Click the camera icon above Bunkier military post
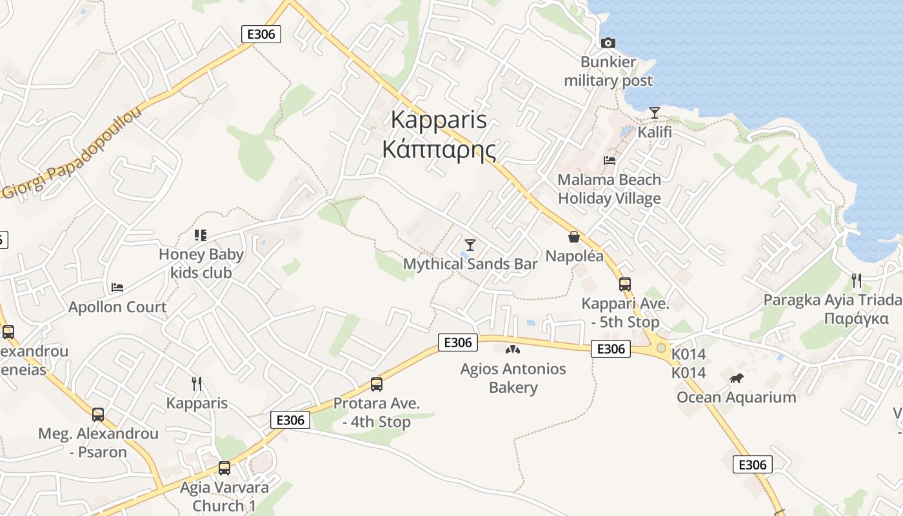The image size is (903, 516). [x=608, y=43]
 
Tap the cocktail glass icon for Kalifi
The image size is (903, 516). [x=655, y=113]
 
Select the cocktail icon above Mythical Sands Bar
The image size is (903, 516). [x=470, y=244]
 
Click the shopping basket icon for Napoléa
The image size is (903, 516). [x=574, y=237]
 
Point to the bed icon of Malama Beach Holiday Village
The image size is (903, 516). [x=610, y=160]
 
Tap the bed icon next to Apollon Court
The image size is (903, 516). [x=117, y=287]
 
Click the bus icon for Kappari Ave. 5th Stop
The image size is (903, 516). [x=624, y=284]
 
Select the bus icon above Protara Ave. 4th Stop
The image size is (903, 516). [x=377, y=384]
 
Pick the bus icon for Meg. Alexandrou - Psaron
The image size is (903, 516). [x=98, y=414]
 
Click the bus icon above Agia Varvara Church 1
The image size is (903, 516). [x=224, y=468]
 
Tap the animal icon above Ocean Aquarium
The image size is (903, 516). [x=737, y=378]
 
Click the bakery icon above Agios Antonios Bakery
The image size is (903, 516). [x=513, y=350]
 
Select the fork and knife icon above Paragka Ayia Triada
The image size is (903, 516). [x=857, y=280]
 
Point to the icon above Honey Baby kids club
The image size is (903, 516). [x=201, y=235]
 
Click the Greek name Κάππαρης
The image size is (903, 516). [x=439, y=150]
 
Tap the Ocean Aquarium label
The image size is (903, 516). [x=736, y=397]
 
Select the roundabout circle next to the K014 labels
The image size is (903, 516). [x=661, y=348]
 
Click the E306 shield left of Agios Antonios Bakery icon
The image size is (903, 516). [x=458, y=342]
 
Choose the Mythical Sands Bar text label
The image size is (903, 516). [x=470, y=264]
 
